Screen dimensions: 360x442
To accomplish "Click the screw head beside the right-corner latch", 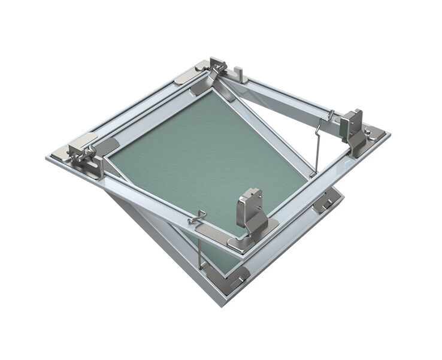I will (376, 132).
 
